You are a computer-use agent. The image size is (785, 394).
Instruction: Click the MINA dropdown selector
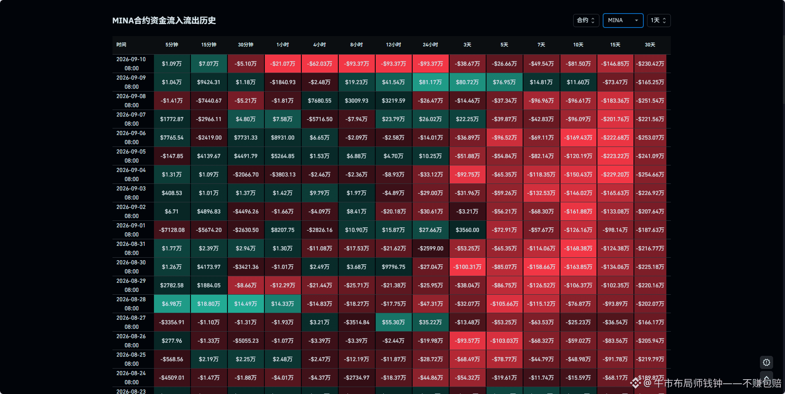point(623,21)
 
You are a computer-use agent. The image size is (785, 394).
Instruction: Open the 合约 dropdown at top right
point(586,21)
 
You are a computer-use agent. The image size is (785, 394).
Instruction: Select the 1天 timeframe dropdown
point(659,21)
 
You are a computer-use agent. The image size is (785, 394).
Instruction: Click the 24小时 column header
point(430,45)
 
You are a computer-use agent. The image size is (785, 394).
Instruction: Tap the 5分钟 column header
point(172,45)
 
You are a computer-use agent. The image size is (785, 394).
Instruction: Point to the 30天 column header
point(650,45)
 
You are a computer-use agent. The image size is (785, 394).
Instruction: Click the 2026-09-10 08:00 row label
point(131,64)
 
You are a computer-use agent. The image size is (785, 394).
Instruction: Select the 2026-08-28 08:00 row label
point(131,304)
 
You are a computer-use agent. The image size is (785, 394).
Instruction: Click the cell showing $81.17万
point(430,82)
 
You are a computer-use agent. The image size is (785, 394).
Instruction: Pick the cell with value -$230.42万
point(650,64)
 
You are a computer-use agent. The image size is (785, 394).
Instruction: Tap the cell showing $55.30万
point(393,322)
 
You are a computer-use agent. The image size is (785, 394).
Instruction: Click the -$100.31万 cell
point(467,267)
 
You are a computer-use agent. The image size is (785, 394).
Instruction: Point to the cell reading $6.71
point(172,211)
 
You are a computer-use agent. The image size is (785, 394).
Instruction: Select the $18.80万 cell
point(209,304)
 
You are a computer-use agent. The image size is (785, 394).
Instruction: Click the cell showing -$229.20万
point(615,174)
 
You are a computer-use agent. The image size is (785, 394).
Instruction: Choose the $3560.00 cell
point(467,230)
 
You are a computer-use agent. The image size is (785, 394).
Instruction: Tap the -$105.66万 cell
point(504,304)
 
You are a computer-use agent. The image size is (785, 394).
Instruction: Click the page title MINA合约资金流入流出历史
point(164,21)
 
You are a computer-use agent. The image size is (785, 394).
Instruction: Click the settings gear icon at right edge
point(766,362)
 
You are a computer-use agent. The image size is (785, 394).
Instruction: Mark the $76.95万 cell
point(504,82)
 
